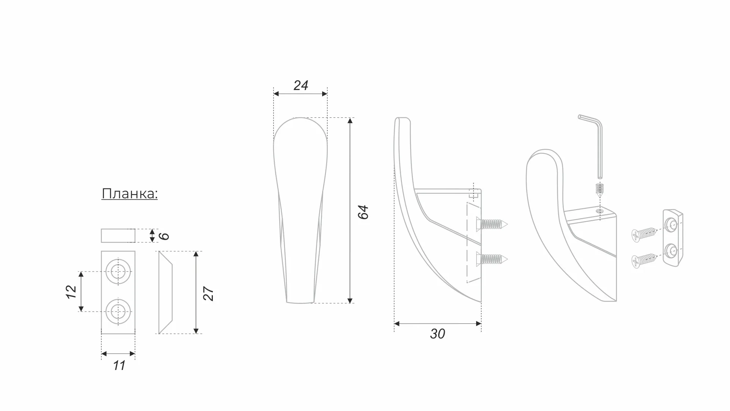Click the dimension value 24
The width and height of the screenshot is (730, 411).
click(300, 85)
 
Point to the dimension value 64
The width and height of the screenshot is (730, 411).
click(363, 212)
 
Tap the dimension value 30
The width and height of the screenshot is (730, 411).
click(437, 334)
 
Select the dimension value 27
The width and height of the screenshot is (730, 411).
click(209, 294)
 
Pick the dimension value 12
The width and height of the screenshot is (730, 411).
click(71, 292)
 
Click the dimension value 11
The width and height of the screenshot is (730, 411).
click(119, 365)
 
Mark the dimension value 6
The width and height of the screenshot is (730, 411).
click(164, 236)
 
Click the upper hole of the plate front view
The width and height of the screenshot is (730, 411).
click(118, 272)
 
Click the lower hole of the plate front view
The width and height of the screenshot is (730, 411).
click(118, 311)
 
